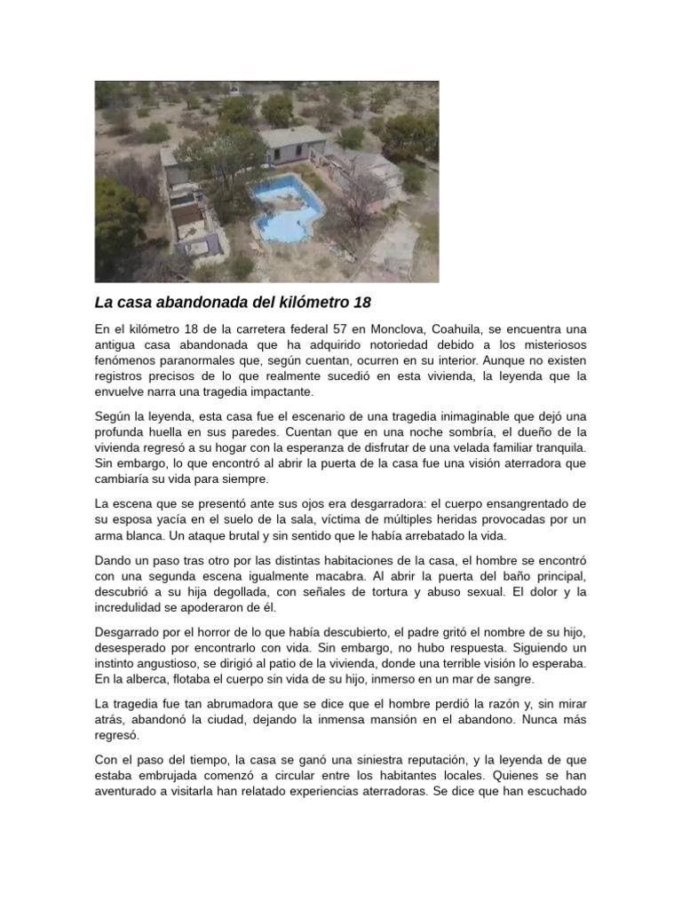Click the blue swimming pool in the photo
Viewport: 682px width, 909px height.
287,212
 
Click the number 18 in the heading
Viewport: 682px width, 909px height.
361,302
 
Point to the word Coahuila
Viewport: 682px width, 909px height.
462,329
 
